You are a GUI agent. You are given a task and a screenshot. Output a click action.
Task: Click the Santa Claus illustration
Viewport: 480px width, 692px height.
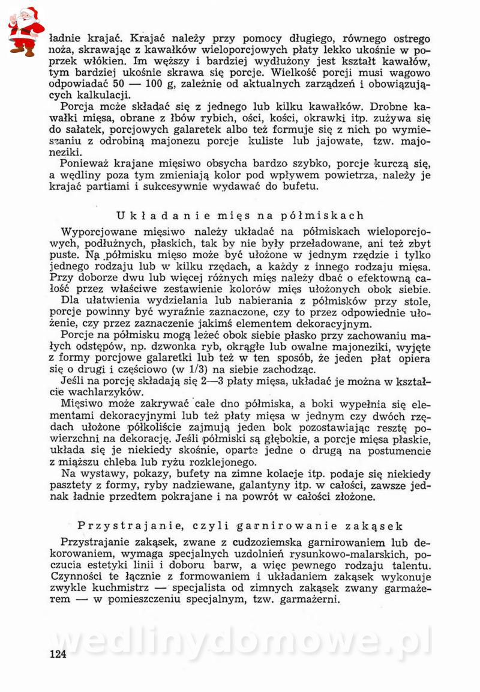coord(25,31)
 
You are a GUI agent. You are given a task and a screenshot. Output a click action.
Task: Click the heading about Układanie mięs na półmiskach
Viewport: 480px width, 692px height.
coord(240,216)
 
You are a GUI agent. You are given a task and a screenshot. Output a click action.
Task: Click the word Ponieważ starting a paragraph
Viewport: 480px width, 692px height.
coord(87,164)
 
